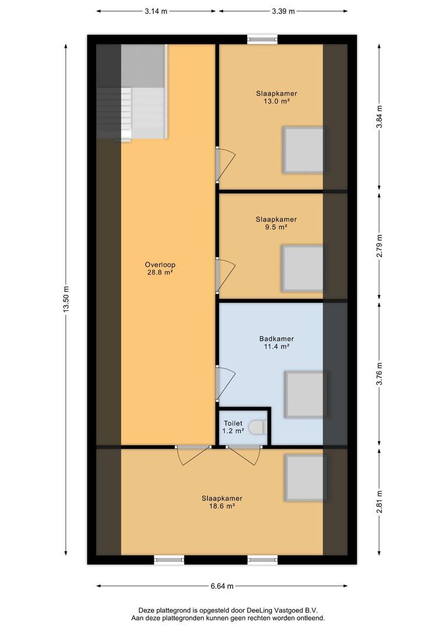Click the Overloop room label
coord(160,264)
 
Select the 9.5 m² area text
coord(276,228)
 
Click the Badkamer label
coord(276,338)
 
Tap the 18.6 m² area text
coord(222,507)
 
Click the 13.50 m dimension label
coord(66,299)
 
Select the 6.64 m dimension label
coord(222,586)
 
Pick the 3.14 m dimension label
coord(156,10)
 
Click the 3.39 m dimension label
coord(283,10)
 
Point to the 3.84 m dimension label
coord(379,117)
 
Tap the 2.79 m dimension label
coord(379,246)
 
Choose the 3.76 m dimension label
coord(379,374)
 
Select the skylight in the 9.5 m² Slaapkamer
coord(303,268)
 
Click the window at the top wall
coord(263,39)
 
